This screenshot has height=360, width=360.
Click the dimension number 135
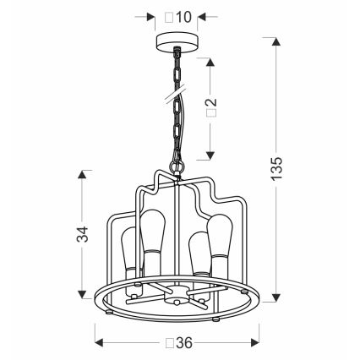pos(276,168)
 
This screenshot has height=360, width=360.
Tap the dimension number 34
pos(83,234)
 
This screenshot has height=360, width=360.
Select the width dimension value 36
pos(184,343)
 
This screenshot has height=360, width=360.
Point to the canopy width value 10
pos(183,18)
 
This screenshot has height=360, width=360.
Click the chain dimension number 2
pos(213,101)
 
